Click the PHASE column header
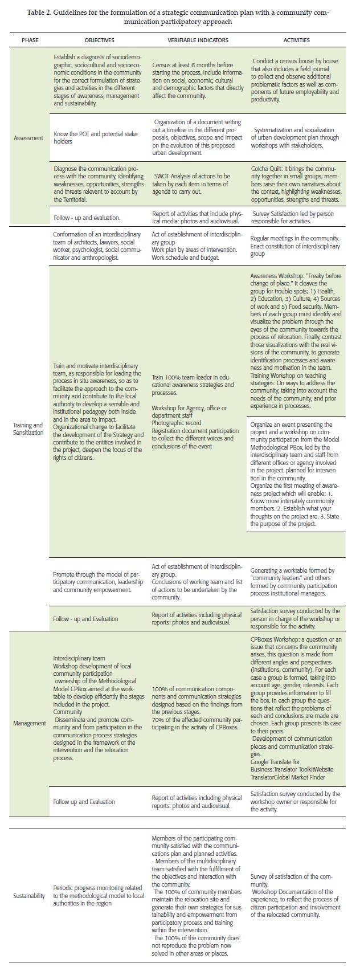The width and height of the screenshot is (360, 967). [x=31, y=40]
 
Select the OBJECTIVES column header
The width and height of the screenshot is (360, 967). [x=99, y=40]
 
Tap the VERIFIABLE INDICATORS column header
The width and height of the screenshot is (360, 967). [x=198, y=40]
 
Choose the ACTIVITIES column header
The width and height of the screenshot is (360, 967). [x=296, y=40]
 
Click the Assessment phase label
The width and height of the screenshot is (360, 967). [x=28, y=138]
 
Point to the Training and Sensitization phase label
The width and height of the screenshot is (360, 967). [x=28, y=429]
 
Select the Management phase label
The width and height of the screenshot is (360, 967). [x=30, y=723]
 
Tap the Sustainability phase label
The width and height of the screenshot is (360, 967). [x=29, y=896]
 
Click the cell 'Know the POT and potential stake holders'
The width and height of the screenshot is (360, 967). [x=95, y=138]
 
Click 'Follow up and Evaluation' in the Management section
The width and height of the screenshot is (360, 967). [x=84, y=801]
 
